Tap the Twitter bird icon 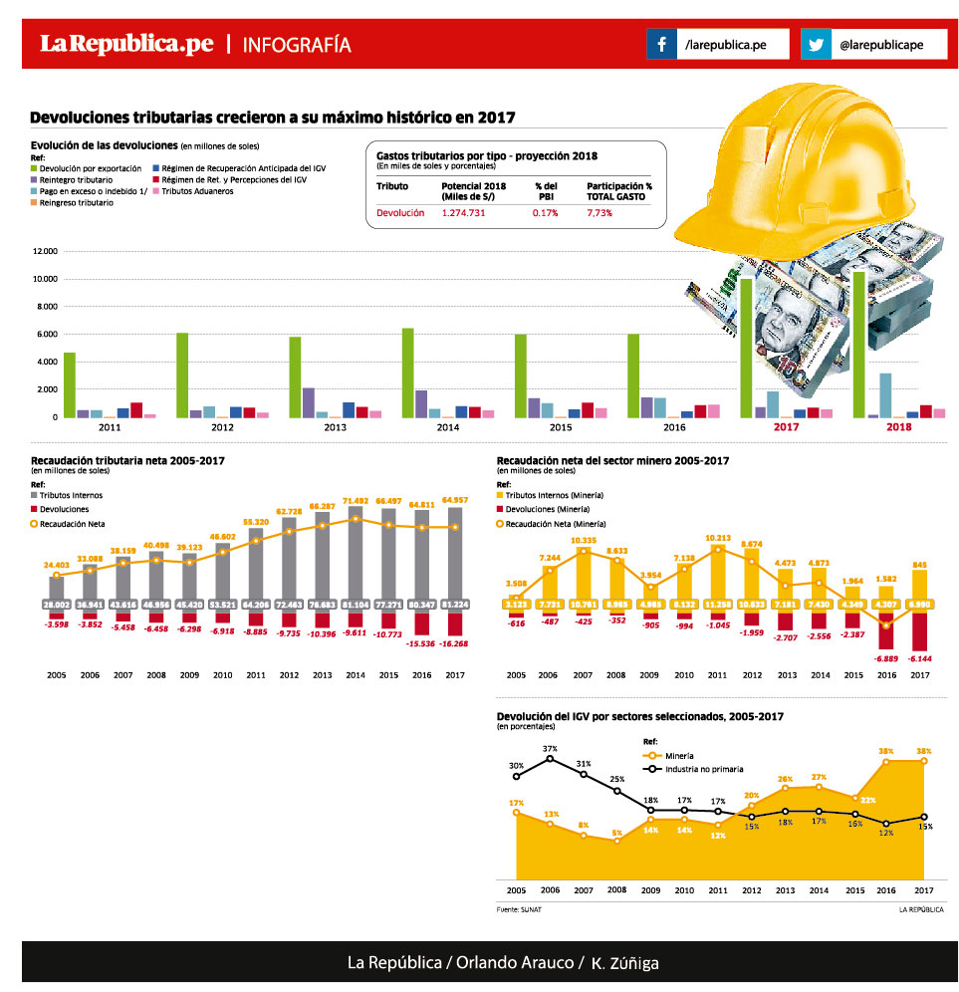[x=817, y=44]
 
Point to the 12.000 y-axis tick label [x=45, y=251]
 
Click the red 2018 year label [x=898, y=427]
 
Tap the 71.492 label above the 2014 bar [x=357, y=501]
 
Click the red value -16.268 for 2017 [x=455, y=643]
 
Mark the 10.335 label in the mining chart [x=583, y=539]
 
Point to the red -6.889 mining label [x=887, y=658]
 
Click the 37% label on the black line [x=550, y=748]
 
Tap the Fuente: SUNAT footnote [x=512, y=908]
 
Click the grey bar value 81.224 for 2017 [x=455, y=605]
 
